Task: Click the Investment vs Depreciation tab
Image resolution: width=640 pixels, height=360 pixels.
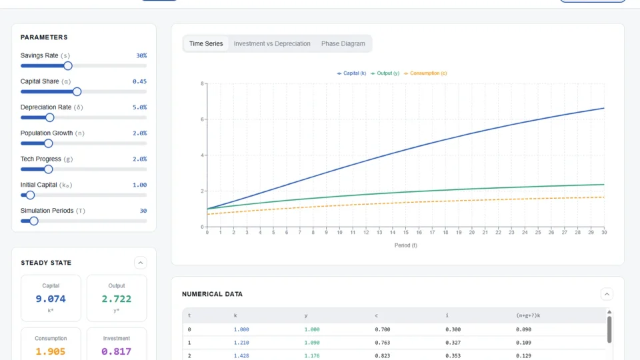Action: pyautogui.click(x=272, y=44)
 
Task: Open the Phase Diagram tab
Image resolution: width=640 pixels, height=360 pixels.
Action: pyautogui.click(x=343, y=44)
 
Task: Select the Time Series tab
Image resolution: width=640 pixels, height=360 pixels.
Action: pyautogui.click(x=206, y=44)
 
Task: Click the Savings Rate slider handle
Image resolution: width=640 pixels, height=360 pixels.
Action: pyautogui.click(x=67, y=65)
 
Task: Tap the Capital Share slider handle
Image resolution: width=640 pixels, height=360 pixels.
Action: pyautogui.click(x=77, y=91)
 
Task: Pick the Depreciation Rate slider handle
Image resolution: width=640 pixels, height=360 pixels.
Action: pyautogui.click(x=49, y=117)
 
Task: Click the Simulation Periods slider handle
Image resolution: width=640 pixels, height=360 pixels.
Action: pyautogui.click(x=34, y=221)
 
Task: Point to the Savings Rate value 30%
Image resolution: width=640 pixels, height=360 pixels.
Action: pyautogui.click(x=141, y=56)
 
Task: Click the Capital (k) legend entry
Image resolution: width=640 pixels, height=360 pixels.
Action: pyautogui.click(x=351, y=73)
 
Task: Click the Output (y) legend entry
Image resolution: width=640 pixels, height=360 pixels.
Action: pyautogui.click(x=385, y=73)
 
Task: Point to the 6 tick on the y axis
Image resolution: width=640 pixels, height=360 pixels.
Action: pyautogui.click(x=202, y=119)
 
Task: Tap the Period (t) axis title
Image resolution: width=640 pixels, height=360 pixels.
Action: pyautogui.click(x=405, y=245)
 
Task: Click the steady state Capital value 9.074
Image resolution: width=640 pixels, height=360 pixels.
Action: pyautogui.click(x=51, y=299)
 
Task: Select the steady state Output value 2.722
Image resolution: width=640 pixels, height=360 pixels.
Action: pyautogui.click(x=117, y=299)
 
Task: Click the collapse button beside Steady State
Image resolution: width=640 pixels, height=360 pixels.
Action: pyautogui.click(x=140, y=263)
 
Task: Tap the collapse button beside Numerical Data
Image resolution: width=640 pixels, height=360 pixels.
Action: pyautogui.click(x=607, y=294)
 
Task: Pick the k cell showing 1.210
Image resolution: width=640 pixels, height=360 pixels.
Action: pyautogui.click(x=241, y=343)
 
